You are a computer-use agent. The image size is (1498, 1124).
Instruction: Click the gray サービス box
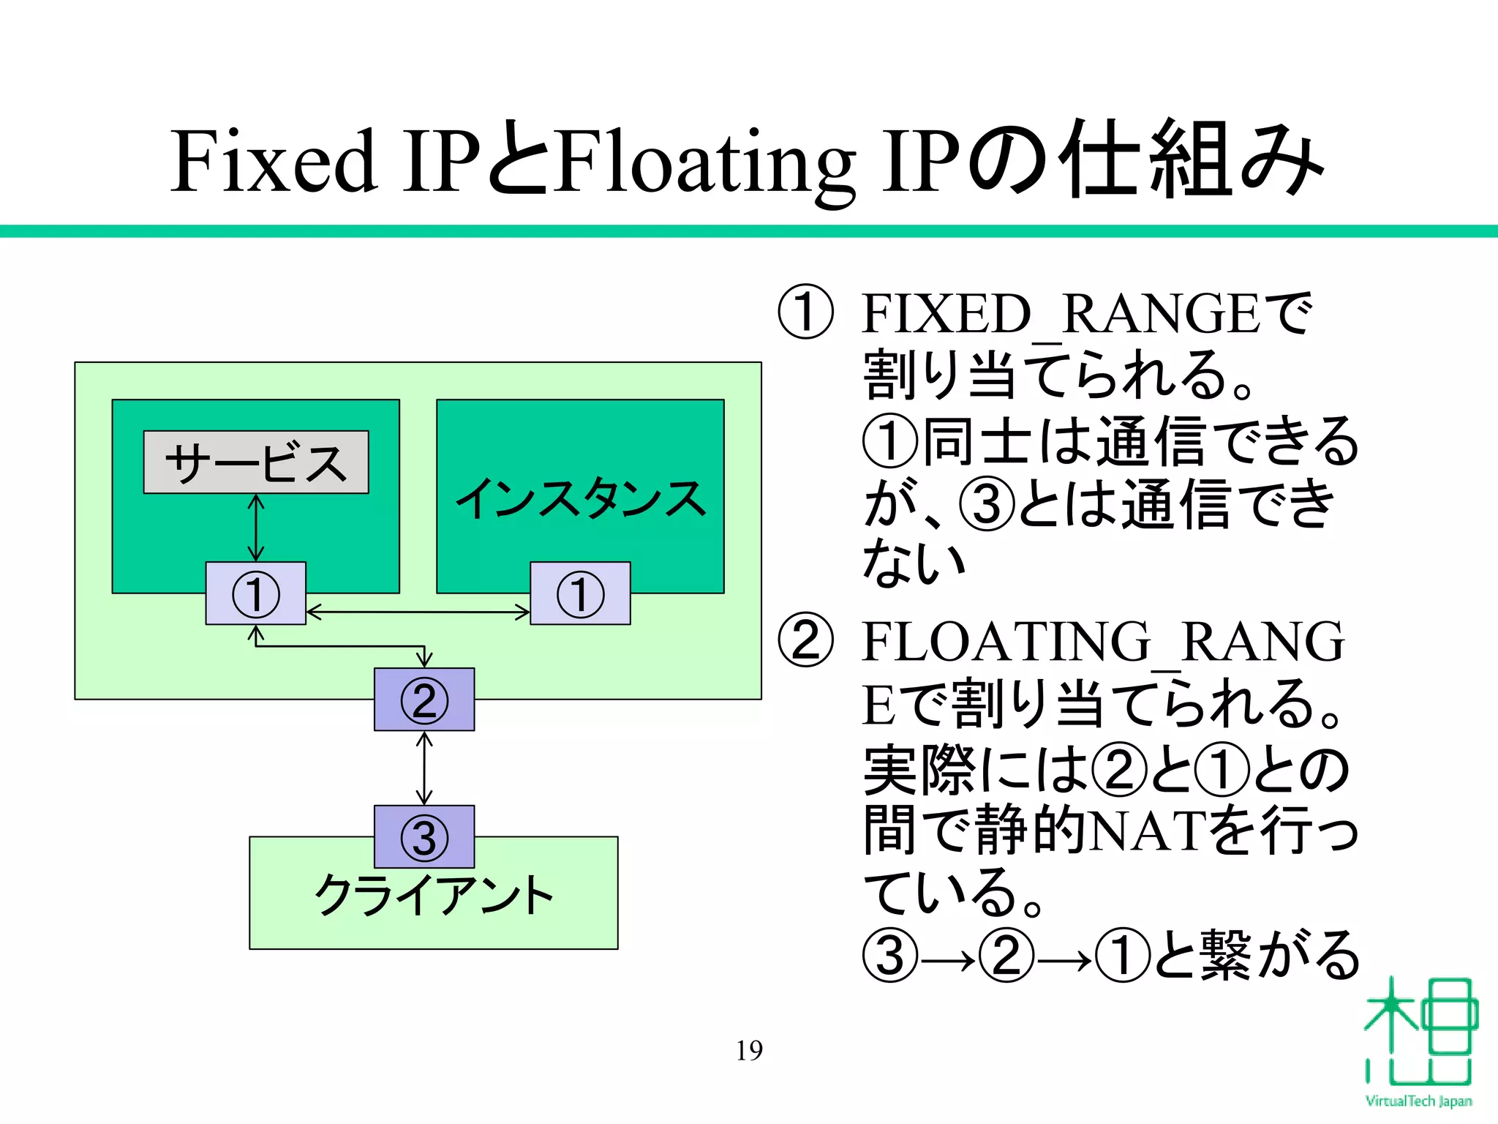[x=256, y=462]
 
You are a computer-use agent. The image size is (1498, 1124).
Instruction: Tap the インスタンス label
[x=580, y=499]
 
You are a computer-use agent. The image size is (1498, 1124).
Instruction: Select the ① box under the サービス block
[x=256, y=593]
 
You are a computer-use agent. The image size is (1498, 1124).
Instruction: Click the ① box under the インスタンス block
[x=580, y=593]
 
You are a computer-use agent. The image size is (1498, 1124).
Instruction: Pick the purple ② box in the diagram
[x=424, y=700]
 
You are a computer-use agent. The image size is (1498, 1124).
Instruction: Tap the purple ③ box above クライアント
[x=424, y=836]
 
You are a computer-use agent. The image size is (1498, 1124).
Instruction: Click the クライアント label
[x=433, y=894]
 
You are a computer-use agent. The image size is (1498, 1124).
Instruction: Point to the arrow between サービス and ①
[x=256, y=528]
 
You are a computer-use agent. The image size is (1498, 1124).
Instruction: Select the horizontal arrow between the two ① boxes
[x=418, y=612]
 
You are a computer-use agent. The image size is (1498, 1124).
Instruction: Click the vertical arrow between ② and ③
[x=424, y=768]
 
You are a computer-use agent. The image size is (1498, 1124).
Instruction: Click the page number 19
[x=749, y=1051]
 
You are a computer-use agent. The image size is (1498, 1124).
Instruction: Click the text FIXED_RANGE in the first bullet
[x=1061, y=313]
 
